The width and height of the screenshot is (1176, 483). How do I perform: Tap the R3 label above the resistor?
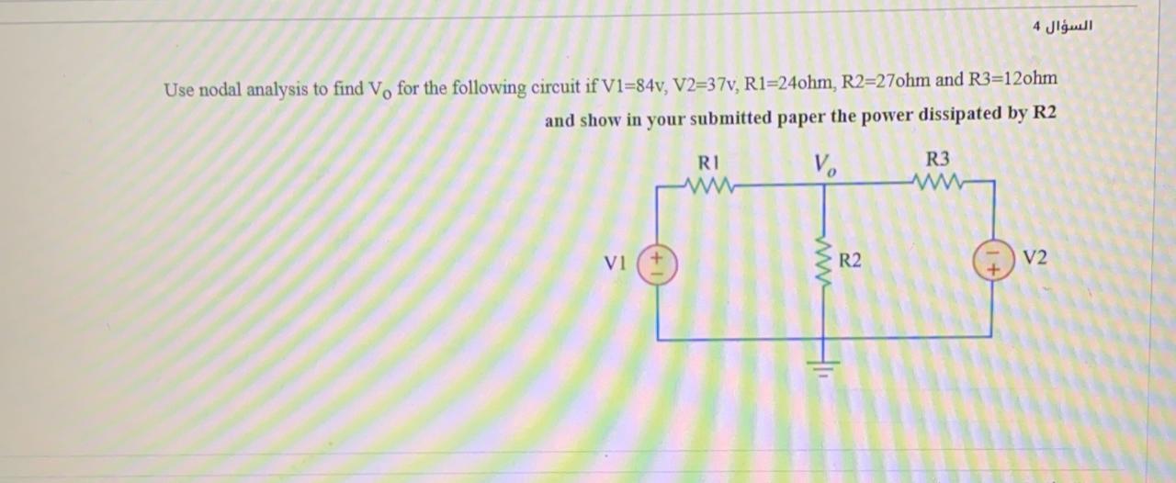(x=939, y=158)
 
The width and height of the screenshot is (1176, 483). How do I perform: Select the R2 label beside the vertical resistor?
(x=851, y=262)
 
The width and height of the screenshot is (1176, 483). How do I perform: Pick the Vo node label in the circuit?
(x=825, y=165)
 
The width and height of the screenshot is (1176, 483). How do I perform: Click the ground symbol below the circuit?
(x=823, y=369)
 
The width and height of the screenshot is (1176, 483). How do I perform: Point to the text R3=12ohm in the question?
(x=1012, y=79)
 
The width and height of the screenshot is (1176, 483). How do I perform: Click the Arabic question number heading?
(x=1063, y=25)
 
